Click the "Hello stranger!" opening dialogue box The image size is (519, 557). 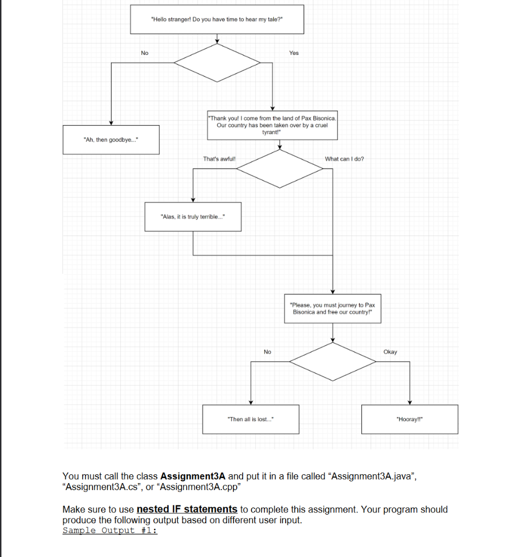[x=217, y=19]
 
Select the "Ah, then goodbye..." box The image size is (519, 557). [x=111, y=140]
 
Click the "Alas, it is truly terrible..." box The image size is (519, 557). [x=193, y=216]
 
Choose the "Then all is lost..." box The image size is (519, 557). [x=251, y=419]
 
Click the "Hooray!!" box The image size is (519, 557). [x=409, y=419]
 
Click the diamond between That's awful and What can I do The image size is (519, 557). [x=280, y=169]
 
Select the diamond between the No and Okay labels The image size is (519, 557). [x=333, y=361]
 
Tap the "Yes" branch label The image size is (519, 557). [x=294, y=53]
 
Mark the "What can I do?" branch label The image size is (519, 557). [x=344, y=159]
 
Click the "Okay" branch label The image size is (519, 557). [x=390, y=352]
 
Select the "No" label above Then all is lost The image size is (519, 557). [x=267, y=352]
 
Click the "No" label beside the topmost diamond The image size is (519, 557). [x=144, y=53]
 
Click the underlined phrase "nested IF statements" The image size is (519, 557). [x=187, y=509]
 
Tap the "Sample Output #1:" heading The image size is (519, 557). [x=110, y=530]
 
